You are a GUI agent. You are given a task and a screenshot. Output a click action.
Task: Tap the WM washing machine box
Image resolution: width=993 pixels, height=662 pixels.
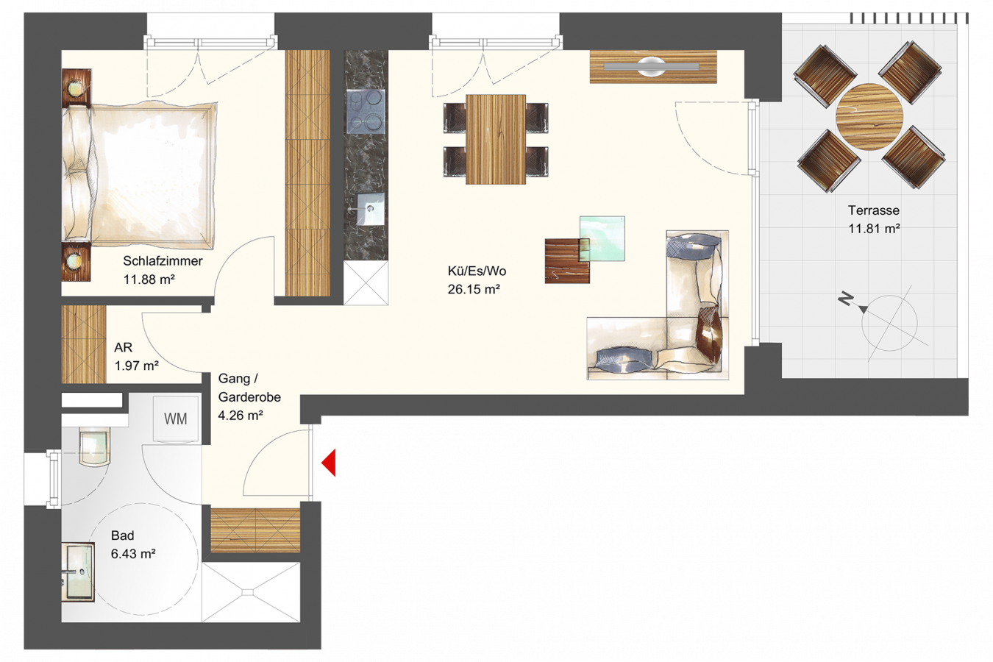(x=176, y=419)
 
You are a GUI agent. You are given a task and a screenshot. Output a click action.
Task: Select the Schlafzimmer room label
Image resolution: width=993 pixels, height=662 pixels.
(x=163, y=260)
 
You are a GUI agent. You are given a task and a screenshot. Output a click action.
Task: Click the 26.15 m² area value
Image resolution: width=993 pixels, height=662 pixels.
(x=474, y=290)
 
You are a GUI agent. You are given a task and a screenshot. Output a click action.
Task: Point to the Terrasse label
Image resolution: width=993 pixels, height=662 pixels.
(x=874, y=210)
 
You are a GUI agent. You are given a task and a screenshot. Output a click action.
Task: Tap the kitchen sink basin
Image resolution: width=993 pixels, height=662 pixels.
(x=371, y=209)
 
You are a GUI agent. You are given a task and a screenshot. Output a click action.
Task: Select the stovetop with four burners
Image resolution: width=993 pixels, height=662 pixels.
(x=366, y=111)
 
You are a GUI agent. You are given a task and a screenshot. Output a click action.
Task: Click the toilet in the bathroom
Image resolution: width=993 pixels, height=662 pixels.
(x=93, y=446)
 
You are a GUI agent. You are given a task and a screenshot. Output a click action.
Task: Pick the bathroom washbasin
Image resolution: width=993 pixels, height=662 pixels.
(x=78, y=572)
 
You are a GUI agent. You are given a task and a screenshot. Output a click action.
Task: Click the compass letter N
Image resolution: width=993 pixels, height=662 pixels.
(x=845, y=300)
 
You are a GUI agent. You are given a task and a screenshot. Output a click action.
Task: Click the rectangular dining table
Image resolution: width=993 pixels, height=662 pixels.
(x=496, y=139)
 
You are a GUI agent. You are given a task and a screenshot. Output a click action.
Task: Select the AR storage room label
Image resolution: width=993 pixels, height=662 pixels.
(x=124, y=347)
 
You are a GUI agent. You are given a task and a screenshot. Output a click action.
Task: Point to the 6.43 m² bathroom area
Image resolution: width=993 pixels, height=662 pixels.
(x=133, y=554)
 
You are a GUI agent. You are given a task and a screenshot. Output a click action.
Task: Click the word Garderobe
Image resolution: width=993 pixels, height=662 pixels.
(x=249, y=397)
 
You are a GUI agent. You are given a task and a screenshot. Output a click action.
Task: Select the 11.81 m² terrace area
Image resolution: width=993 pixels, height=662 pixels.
(x=874, y=229)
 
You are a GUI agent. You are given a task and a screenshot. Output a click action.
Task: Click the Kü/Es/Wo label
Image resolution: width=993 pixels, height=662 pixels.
(x=477, y=271)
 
